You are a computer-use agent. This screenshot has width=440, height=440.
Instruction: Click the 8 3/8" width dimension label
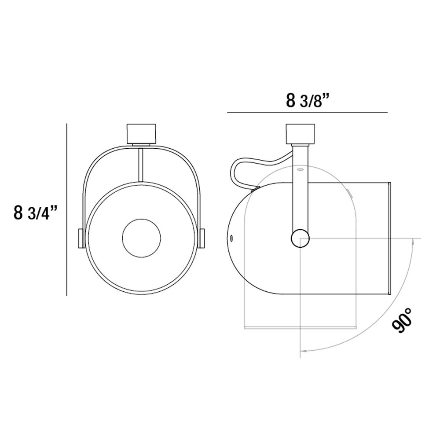coord(308,100)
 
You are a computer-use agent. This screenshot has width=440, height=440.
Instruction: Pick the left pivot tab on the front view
coord(81,238)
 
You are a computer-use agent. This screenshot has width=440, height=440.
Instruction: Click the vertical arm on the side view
coord(301,189)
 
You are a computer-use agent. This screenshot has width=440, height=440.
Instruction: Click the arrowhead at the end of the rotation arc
coord(303,351)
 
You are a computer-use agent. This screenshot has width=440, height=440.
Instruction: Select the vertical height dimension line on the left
coord(66,209)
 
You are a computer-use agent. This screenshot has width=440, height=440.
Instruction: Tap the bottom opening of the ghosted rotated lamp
coord(300,327)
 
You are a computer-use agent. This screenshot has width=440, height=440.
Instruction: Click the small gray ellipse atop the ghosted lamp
coord(300,169)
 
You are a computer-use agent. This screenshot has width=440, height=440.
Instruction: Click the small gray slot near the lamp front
coord(348,192)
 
